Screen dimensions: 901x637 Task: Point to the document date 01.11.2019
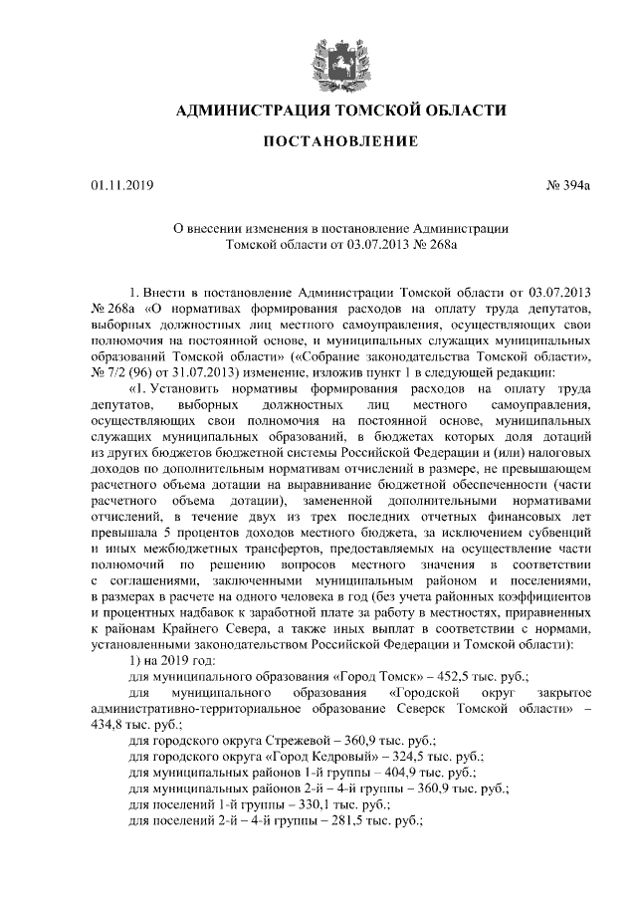(x=117, y=184)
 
